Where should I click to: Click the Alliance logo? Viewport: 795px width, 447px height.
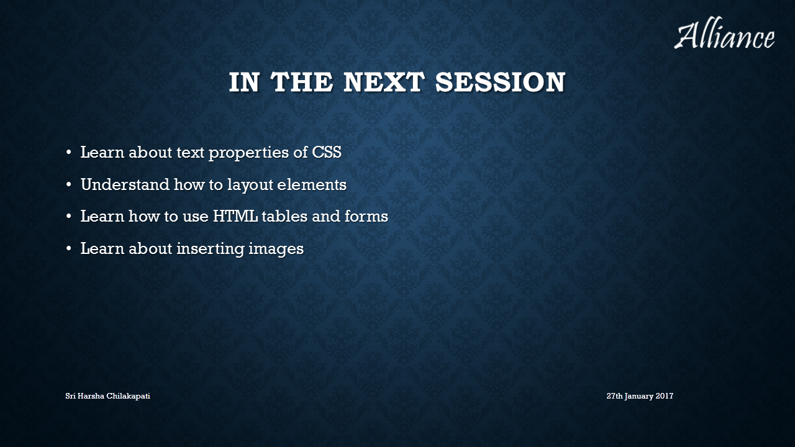[x=724, y=33]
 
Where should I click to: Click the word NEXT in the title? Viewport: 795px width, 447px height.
[x=384, y=82]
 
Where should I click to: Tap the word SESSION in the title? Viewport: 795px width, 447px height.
[x=501, y=82]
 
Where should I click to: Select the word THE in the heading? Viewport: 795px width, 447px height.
[x=302, y=82]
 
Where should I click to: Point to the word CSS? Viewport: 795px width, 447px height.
[x=327, y=152]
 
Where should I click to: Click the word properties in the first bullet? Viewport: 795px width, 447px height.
[x=248, y=153]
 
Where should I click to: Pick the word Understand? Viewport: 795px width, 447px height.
[x=125, y=184]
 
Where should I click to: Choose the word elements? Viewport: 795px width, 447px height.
[x=312, y=185]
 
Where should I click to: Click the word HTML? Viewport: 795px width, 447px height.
[x=235, y=217]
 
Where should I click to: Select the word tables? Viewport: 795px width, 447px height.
[x=284, y=216]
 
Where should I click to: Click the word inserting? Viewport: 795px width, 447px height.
[x=211, y=249]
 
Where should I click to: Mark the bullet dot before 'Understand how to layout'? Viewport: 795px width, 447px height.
[x=69, y=185]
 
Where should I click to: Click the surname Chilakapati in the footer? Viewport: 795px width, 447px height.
[x=128, y=396]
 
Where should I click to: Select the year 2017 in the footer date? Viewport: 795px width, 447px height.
[x=665, y=396]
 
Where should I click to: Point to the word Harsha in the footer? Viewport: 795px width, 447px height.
[x=91, y=396]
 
